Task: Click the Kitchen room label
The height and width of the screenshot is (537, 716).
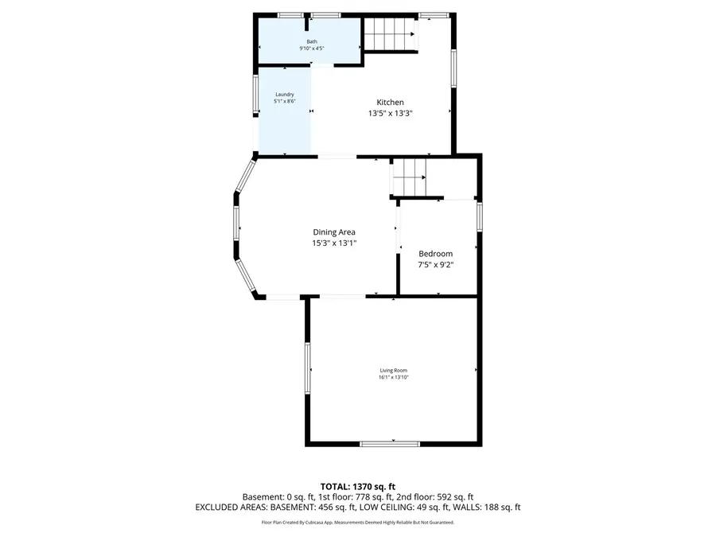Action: click(390, 103)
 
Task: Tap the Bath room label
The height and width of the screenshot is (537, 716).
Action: click(311, 41)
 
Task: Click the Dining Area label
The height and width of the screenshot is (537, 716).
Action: click(334, 232)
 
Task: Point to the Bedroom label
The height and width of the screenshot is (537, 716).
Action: click(435, 254)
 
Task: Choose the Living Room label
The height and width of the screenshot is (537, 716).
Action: click(393, 370)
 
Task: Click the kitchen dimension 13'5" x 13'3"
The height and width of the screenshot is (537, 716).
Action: click(390, 114)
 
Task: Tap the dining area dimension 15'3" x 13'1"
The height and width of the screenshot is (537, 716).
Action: click(334, 243)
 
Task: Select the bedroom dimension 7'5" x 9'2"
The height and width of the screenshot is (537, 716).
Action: click(435, 265)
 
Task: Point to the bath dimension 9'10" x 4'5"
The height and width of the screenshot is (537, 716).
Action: click(311, 49)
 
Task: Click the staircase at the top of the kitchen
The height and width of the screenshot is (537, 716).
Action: click(391, 35)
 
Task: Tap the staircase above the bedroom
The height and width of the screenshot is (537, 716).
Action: click(410, 177)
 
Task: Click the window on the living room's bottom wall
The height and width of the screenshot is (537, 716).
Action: click(389, 443)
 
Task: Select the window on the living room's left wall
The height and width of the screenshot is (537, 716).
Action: click(307, 368)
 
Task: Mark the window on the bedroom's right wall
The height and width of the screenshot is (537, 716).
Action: click(479, 216)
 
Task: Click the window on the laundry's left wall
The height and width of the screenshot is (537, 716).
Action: click(255, 95)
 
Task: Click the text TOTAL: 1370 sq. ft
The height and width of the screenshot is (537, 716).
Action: click(357, 485)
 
